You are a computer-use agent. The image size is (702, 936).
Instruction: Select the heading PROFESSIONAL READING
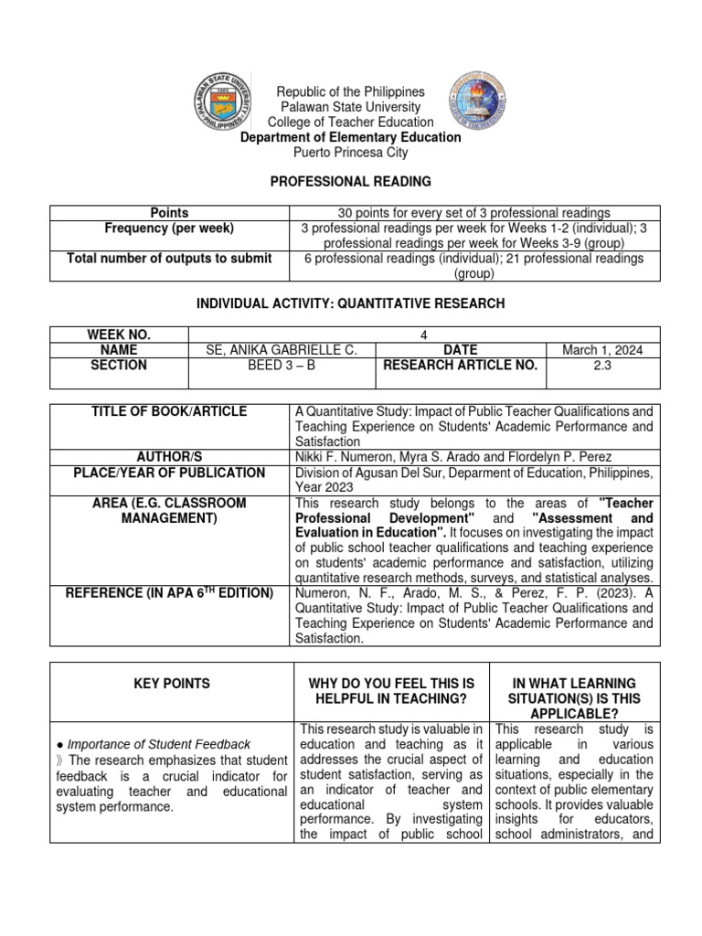pos(350,183)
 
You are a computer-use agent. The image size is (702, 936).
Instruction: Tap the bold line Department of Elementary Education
pos(350,137)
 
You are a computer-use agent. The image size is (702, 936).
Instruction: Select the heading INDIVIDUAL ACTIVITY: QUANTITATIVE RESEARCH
pos(350,303)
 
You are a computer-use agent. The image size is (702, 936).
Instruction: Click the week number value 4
pos(423,335)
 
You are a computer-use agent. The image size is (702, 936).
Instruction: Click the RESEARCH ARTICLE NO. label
pos(460,366)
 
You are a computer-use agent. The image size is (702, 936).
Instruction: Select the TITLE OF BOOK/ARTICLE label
pos(169,412)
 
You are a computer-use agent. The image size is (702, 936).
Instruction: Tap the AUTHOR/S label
pos(169,457)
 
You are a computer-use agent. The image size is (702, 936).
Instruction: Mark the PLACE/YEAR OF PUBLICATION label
pos(169,473)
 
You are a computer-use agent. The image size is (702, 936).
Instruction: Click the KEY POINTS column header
pos(170,684)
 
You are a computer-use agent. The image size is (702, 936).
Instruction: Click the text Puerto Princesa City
pos(350,153)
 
